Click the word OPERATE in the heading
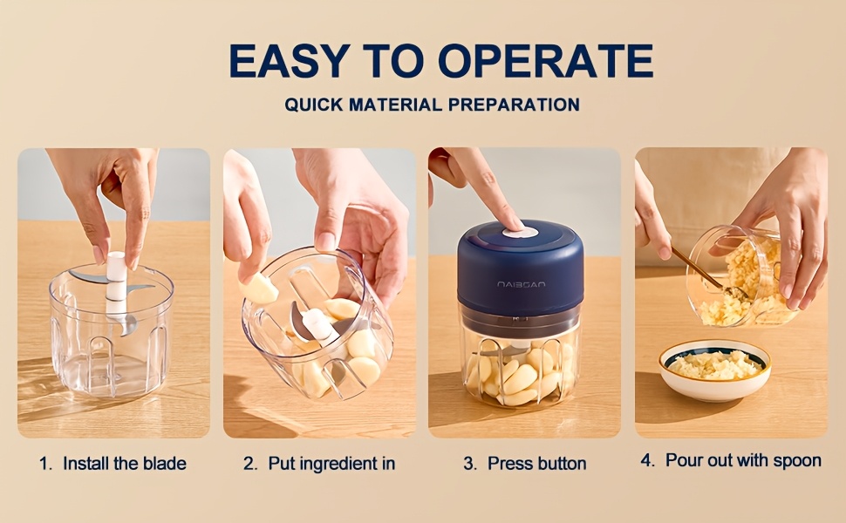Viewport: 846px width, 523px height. tap(545, 60)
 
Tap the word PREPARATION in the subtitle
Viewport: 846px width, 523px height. tap(514, 105)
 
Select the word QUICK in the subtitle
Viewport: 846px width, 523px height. tap(313, 105)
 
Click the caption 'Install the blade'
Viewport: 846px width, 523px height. tap(125, 463)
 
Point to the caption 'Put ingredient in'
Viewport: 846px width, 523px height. tap(331, 463)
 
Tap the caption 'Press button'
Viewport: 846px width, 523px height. tap(537, 463)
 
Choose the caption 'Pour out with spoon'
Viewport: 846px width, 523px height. tap(743, 460)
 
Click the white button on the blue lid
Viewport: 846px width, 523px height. tap(520, 233)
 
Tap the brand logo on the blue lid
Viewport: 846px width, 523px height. tap(521, 284)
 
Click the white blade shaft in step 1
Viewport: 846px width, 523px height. tap(116, 284)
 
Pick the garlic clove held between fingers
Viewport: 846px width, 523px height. tap(259, 289)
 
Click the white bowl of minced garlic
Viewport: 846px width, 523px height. tap(715, 370)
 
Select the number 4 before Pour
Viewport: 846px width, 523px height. tap(647, 460)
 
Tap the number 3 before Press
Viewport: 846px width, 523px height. tap(470, 463)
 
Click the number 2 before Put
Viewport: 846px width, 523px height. tap(249, 463)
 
